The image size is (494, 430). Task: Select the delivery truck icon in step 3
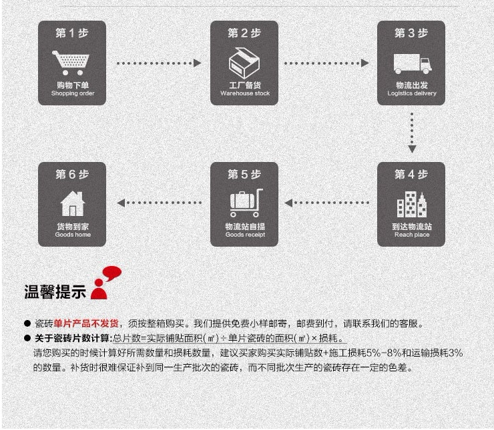tap(411, 64)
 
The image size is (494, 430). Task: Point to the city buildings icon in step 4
tap(411, 204)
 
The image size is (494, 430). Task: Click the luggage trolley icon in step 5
tap(245, 203)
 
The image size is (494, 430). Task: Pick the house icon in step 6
tap(72, 203)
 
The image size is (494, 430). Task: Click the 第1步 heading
tap(72, 33)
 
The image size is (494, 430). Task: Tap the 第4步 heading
tap(411, 174)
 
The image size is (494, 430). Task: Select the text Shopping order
tap(73, 94)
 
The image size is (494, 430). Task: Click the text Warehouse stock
tap(245, 94)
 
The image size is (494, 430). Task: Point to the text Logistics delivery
tap(412, 94)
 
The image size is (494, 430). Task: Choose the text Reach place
tap(412, 235)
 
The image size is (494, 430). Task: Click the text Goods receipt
tap(245, 235)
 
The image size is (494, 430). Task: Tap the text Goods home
tap(73, 235)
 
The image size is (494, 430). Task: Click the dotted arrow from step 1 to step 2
tap(158, 63)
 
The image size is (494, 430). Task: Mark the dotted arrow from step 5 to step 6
tap(159, 203)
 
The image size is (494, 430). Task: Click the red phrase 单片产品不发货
tap(88, 324)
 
